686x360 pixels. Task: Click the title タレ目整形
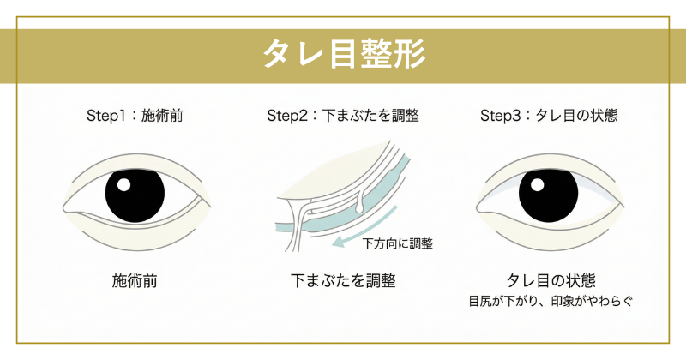[x=342, y=56]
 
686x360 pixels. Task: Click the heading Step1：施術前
[x=135, y=116]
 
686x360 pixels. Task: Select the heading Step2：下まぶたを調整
[x=342, y=116]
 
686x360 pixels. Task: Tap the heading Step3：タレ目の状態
[x=549, y=116]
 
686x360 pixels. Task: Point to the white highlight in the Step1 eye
[x=123, y=184]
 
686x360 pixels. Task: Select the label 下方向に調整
[x=397, y=243]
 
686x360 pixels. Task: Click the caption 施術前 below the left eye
[x=135, y=280]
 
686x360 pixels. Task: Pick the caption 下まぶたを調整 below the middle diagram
[x=342, y=280]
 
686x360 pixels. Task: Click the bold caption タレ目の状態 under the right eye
[x=549, y=280]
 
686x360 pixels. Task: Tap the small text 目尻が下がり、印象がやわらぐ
[x=549, y=302]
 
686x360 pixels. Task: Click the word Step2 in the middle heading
[x=286, y=116]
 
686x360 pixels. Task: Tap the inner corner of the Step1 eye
[x=69, y=208]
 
